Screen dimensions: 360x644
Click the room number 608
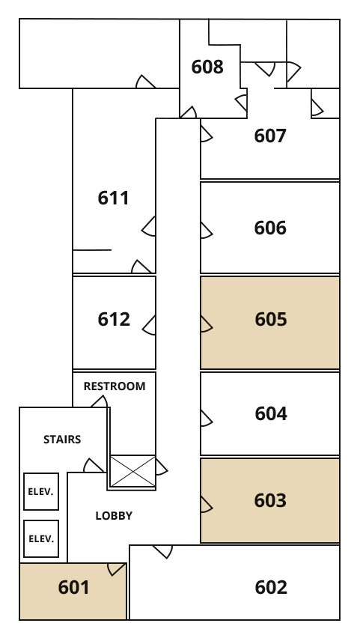click(x=207, y=67)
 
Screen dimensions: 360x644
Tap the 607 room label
click(x=270, y=136)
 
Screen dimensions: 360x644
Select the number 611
click(x=113, y=198)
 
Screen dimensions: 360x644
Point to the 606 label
click(x=270, y=228)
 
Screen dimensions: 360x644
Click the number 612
click(x=114, y=319)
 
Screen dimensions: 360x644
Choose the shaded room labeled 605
click(x=269, y=323)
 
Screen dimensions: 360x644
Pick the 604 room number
click(x=271, y=413)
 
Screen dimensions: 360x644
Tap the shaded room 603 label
click(x=270, y=501)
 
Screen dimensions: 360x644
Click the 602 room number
click(x=271, y=588)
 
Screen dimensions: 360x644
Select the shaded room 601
click(x=73, y=591)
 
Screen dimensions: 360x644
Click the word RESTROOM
click(x=115, y=386)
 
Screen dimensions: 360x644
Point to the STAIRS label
click(x=62, y=440)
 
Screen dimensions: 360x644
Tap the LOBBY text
click(x=114, y=516)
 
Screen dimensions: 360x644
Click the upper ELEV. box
click(x=41, y=492)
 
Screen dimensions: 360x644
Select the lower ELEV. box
click(x=41, y=539)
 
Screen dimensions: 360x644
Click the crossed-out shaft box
click(x=133, y=471)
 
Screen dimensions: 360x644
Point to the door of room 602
click(x=162, y=552)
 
